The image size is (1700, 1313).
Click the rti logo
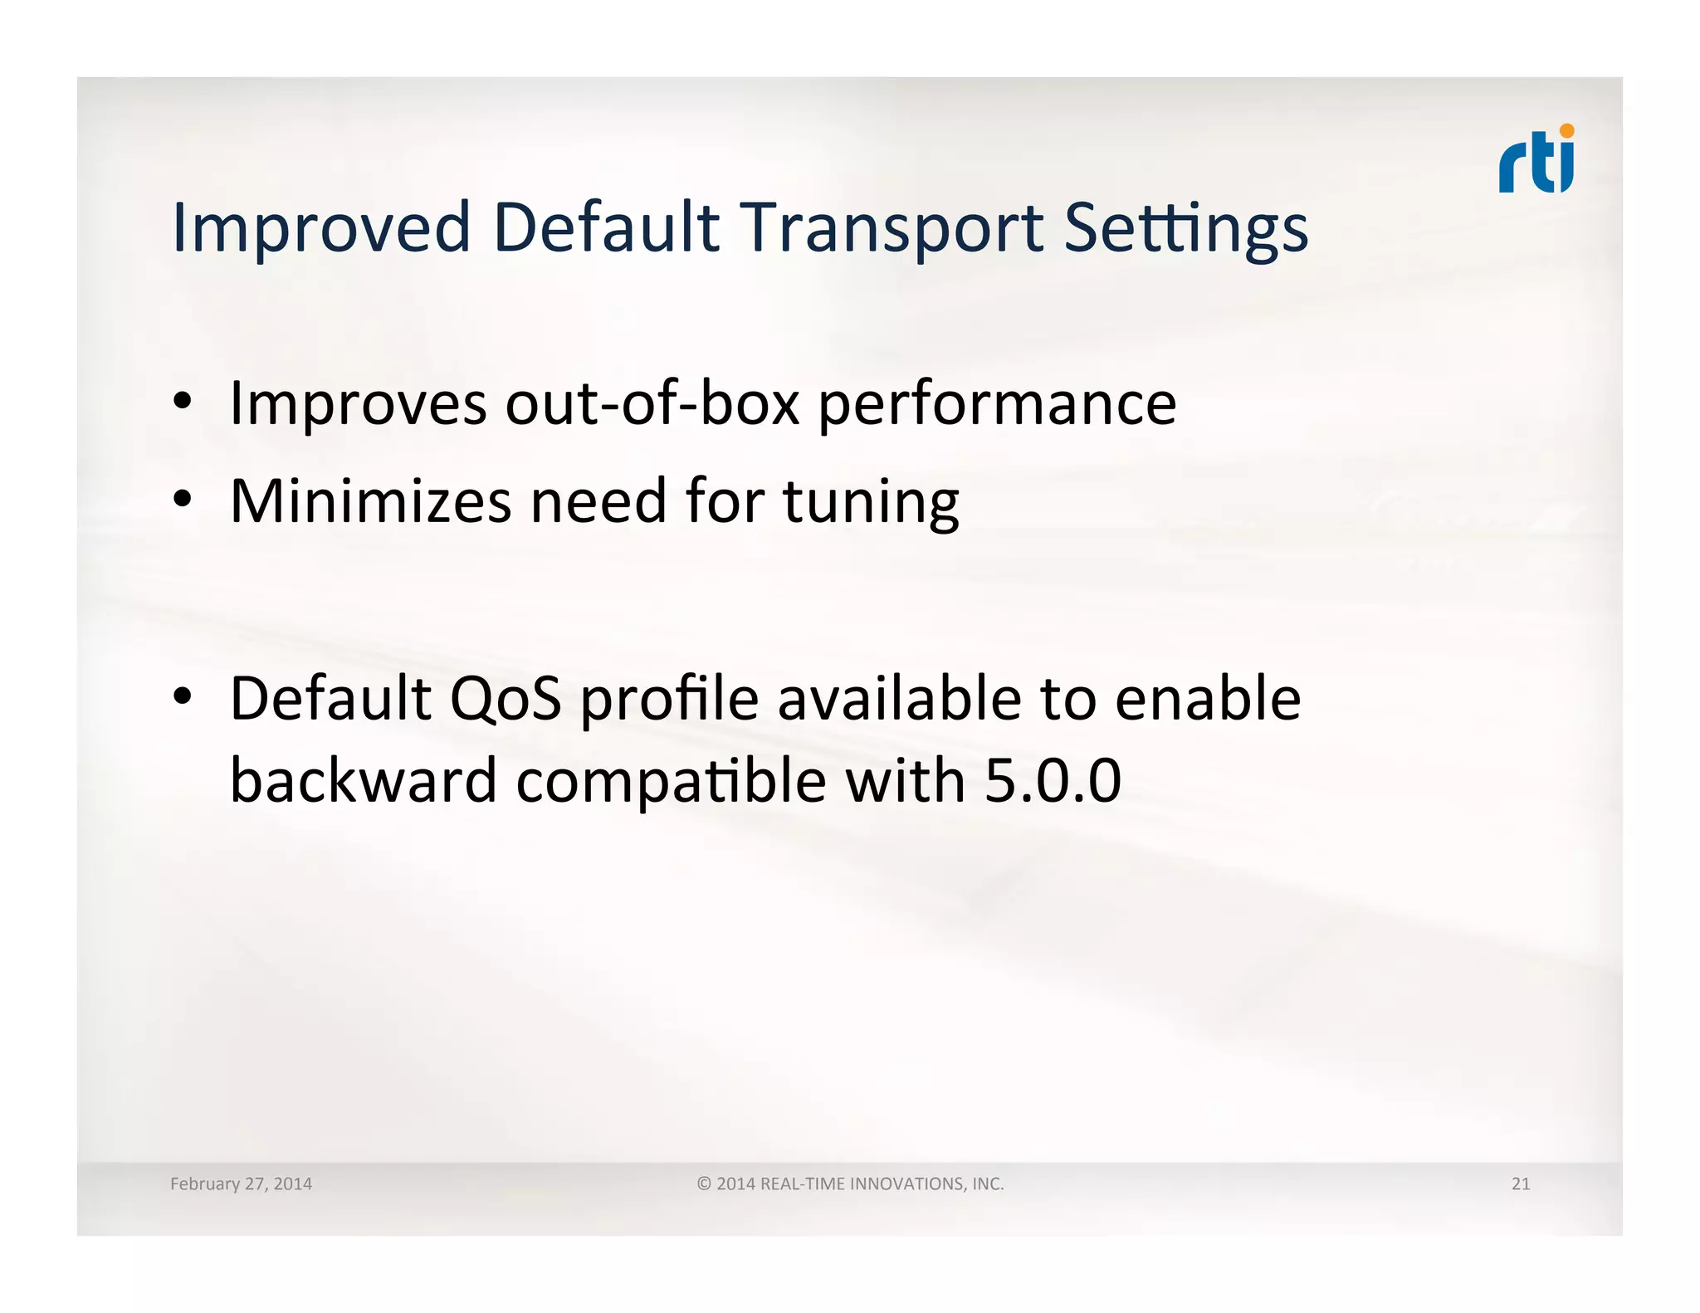pyautogui.click(x=1536, y=161)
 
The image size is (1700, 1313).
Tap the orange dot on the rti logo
pyautogui.click(x=1566, y=131)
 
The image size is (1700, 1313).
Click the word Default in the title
pyautogui.click(x=606, y=227)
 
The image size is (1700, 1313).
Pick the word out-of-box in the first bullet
pyautogui.click(x=652, y=403)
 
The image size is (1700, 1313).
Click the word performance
pyautogui.click(x=997, y=405)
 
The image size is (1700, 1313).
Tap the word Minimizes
pyautogui.click(x=370, y=501)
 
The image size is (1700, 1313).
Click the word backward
pyautogui.click(x=363, y=781)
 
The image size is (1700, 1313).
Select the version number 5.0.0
pyautogui.click(x=1053, y=782)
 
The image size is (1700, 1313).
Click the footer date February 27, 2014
pyautogui.click(x=241, y=1184)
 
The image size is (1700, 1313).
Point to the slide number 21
pyautogui.click(x=1520, y=1184)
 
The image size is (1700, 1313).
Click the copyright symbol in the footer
pyautogui.click(x=704, y=1184)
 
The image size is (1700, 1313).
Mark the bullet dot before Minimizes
pyautogui.click(x=183, y=500)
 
